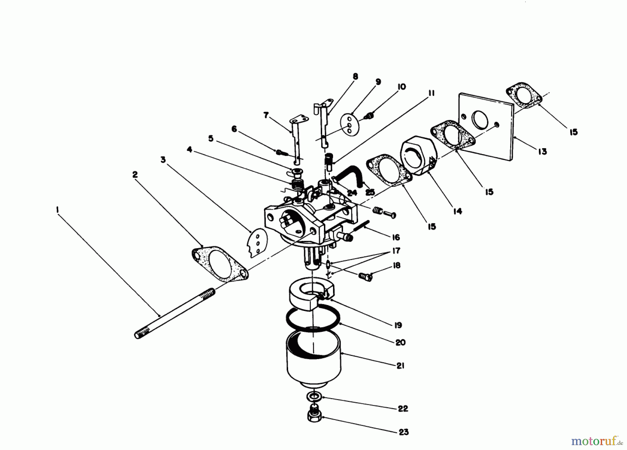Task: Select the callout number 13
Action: coord(542,152)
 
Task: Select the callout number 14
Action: coord(457,211)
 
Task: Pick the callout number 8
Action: coord(355,77)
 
